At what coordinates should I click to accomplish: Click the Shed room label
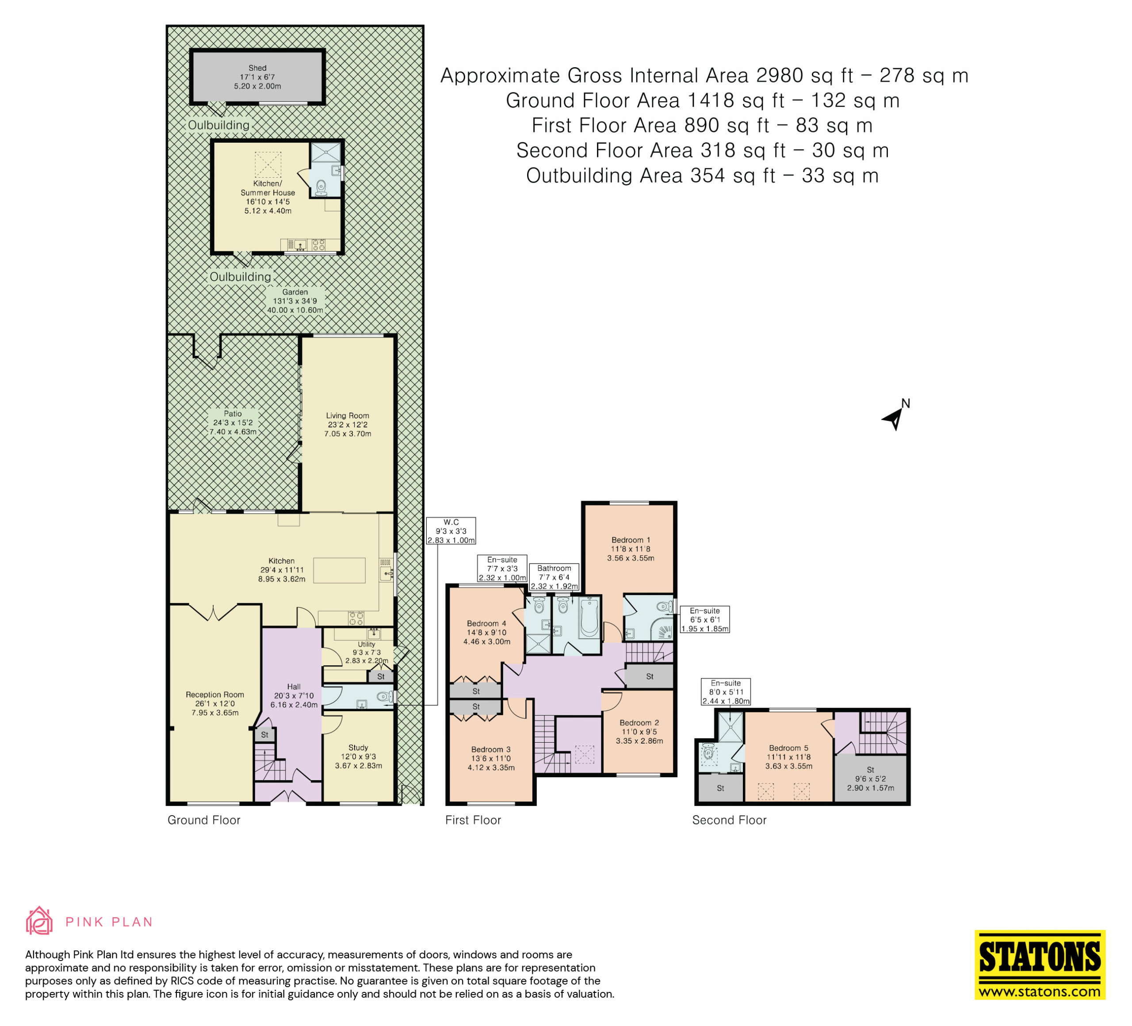pos(258,77)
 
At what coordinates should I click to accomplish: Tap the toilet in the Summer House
pos(321,187)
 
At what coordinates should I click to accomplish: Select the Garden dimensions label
pos(295,301)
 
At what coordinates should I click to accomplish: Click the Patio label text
pos(233,423)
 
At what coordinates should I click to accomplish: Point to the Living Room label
pos(348,424)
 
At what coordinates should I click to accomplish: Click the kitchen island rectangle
pos(339,570)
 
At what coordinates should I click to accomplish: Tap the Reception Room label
pos(215,703)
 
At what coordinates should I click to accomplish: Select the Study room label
pos(358,757)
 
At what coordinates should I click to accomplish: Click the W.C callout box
pos(451,531)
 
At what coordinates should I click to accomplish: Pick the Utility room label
pos(367,652)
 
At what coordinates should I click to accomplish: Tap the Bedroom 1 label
pos(631,549)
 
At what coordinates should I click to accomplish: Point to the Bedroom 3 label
pos(491,758)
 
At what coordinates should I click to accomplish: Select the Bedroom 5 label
pos(789,757)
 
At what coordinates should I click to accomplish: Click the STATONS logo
pos(1040,965)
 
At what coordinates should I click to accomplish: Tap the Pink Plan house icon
pos(39,921)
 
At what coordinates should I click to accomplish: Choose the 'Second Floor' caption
pos(730,820)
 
